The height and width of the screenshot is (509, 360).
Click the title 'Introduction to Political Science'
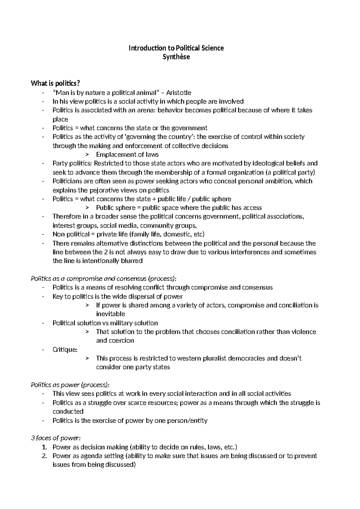pyautogui.click(x=176, y=48)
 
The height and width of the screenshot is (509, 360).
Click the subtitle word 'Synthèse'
pyautogui.click(x=176, y=57)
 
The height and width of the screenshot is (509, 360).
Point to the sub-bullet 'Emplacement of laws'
pyautogui.click(x=127, y=155)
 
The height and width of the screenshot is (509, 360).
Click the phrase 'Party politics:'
pyautogui.click(x=72, y=163)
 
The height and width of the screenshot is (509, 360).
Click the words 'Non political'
pyautogui.click(x=71, y=234)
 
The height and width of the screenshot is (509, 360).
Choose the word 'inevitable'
pyautogui.click(x=110, y=314)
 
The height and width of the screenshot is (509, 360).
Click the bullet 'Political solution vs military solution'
pyautogui.click(x=105, y=323)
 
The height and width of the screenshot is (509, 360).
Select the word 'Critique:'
pyautogui.click(x=65, y=350)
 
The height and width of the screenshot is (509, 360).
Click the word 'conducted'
pyautogui.click(x=68, y=411)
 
